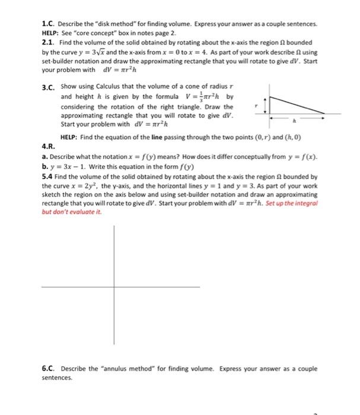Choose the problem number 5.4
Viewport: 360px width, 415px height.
point(48,177)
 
